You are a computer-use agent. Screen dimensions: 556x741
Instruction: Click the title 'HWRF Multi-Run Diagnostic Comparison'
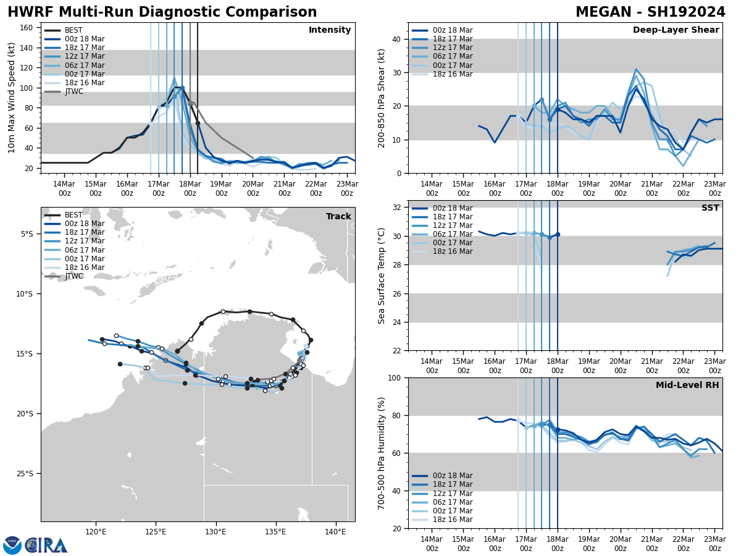coord(162,12)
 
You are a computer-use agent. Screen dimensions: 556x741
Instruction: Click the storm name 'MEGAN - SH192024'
coord(650,12)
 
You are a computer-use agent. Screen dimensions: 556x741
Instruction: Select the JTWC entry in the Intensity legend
coord(73,91)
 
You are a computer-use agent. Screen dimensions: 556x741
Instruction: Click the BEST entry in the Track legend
coord(73,215)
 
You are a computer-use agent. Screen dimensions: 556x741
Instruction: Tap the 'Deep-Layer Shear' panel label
coord(676,30)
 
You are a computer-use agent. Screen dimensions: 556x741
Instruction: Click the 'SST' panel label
coord(710,208)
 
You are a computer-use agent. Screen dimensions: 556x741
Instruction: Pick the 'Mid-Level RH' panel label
coord(687,385)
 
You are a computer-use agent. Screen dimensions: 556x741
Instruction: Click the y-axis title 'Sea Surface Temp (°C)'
coord(382,276)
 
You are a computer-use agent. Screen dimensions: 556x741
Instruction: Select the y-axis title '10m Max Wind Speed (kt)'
coord(12,98)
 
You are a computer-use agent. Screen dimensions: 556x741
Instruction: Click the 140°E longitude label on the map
coord(335,531)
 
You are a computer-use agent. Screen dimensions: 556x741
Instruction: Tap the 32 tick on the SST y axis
coord(396,208)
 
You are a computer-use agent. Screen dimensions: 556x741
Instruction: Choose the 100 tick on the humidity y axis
coord(393,378)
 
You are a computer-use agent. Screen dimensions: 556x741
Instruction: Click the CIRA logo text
coord(46,545)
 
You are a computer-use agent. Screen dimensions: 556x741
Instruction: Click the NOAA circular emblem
coord(12,545)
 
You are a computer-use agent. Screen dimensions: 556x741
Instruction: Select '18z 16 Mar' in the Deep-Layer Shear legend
coord(452,74)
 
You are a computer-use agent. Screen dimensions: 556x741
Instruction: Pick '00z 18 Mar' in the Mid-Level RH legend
coord(452,476)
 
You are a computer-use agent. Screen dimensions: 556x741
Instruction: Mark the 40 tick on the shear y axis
coord(396,40)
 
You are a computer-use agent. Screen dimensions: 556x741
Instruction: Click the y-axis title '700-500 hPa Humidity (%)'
coord(382,453)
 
